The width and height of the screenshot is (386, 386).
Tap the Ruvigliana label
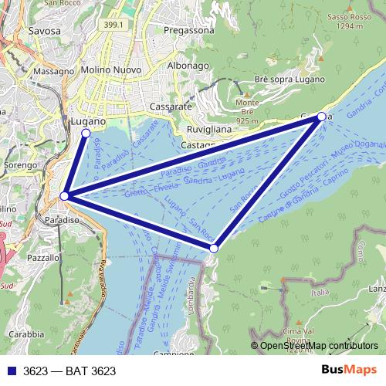pos(209,130)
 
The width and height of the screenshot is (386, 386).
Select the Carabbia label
pos(27,334)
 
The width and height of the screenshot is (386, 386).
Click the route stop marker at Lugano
pos(85,134)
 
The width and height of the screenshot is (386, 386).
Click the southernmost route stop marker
pos(214,248)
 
